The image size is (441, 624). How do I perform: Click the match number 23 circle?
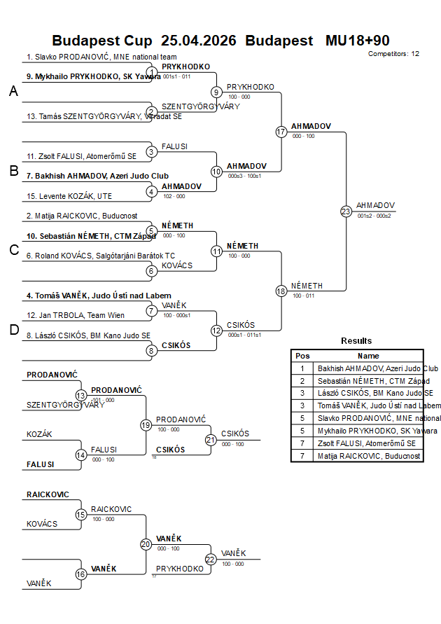tap(346, 211)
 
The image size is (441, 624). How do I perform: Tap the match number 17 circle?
tap(281, 132)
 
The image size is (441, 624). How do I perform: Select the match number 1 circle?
tap(152, 72)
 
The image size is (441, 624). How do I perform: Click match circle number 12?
tap(217, 330)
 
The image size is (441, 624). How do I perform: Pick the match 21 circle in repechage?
tap(211, 440)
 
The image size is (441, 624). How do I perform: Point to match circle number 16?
tap(81, 574)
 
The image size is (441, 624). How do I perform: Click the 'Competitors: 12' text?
tap(393, 53)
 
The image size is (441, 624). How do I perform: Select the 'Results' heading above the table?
tap(356, 341)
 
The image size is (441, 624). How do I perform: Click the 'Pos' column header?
tap(302, 356)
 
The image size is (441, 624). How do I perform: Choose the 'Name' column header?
tap(368, 356)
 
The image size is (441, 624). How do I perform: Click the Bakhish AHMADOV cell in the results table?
tap(377, 368)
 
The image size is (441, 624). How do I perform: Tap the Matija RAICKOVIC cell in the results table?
tap(369, 456)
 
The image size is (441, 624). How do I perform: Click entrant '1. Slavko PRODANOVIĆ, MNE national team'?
tap(101, 57)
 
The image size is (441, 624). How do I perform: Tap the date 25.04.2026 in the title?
tap(199, 41)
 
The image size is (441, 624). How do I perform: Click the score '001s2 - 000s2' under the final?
tap(374, 216)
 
